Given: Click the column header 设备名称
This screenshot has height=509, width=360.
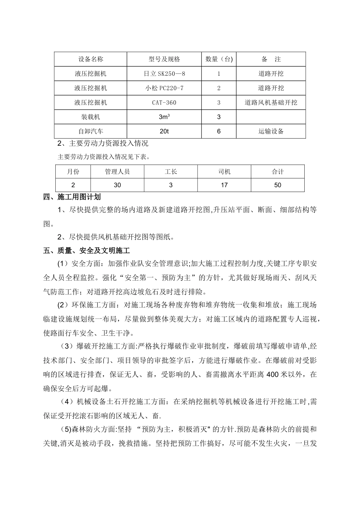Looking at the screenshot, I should (91, 59).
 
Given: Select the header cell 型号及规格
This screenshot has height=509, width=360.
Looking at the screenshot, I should (164, 59).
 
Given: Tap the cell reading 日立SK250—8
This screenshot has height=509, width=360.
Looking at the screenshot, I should (164, 73).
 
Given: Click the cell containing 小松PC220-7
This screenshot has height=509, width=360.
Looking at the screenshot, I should (164, 88).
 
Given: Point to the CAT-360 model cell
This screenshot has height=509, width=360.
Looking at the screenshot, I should (164, 102).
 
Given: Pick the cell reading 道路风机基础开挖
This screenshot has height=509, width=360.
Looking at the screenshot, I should (271, 102).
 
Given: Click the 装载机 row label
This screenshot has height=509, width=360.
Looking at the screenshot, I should (91, 117).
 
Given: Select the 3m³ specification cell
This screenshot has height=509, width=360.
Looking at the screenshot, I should (164, 117).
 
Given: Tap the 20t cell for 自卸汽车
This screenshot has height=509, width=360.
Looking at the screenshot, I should (164, 131).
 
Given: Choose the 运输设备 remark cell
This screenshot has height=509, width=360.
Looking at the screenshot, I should (271, 131).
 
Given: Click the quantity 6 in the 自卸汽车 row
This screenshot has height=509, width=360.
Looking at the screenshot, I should (219, 131).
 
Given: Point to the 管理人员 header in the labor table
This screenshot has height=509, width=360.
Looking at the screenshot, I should (117, 172).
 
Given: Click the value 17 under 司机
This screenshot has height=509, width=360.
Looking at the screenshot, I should (224, 185).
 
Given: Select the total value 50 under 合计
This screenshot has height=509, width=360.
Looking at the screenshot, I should (278, 185).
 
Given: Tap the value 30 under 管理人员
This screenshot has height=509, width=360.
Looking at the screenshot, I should (117, 185).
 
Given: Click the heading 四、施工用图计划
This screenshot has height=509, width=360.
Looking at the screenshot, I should (72, 197).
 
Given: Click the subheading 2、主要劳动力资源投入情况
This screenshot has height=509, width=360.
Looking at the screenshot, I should (103, 144).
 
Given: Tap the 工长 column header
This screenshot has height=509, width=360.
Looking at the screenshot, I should (171, 172).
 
